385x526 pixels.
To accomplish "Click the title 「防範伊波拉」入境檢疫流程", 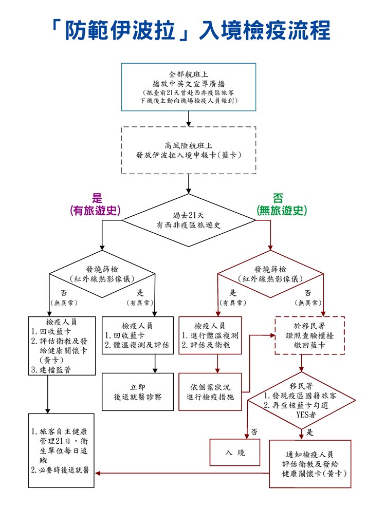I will point(192,31).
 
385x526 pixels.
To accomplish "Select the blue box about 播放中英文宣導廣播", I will point(189,87).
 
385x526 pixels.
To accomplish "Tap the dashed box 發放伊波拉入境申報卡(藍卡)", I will point(189,149).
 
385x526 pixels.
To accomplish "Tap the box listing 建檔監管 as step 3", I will point(62,345).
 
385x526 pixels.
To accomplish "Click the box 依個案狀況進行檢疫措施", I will point(210,391).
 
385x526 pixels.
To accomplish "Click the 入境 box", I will point(234,453).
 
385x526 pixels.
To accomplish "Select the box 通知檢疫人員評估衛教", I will point(310,463).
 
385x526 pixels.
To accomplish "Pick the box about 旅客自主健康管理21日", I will point(62,450).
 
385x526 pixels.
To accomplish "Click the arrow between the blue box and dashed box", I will point(189,119).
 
